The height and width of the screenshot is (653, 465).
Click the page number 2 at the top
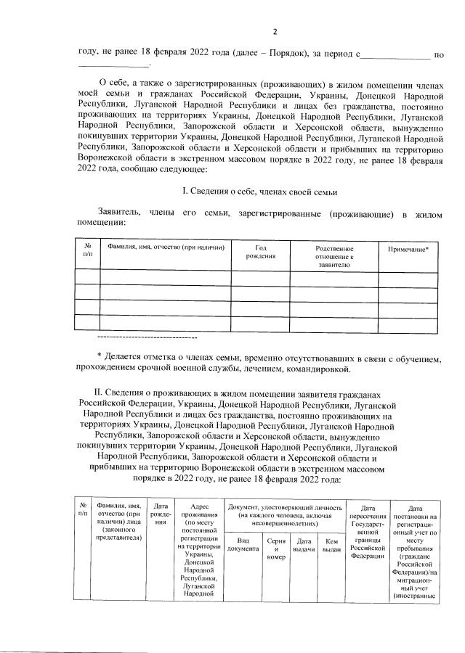click(275, 31)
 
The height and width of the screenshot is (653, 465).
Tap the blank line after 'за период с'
click(395, 54)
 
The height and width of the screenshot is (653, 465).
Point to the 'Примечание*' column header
click(408, 248)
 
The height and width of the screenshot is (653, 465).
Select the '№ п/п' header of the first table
click(87, 252)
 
